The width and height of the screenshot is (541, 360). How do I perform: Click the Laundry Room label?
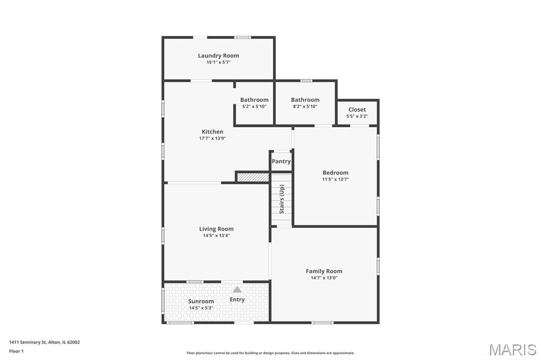(x=218, y=55)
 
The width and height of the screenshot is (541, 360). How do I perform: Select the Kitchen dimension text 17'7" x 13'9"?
(x=212, y=138)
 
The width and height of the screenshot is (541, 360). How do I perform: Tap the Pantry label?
(x=281, y=162)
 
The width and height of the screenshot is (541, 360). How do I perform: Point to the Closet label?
(x=357, y=110)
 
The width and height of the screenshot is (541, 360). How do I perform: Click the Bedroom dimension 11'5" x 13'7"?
(x=335, y=179)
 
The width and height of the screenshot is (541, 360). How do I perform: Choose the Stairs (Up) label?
(x=282, y=200)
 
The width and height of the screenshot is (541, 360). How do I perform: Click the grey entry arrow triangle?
(x=237, y=289)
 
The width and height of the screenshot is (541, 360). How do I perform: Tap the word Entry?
(x=237, y=300)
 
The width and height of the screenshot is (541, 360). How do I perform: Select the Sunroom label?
(x=201, y=301)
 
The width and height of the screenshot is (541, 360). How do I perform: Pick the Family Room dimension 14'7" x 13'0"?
(x=324, y=278)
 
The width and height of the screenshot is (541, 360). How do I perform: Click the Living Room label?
(x=216, y=229)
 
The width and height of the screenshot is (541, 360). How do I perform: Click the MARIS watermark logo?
(x=512, y=349)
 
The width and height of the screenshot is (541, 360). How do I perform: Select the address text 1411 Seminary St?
(x=27, y=343)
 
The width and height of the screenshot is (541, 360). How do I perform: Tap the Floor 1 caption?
(x=16, y=352)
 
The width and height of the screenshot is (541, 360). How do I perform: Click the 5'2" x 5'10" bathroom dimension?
(x=254, y=107)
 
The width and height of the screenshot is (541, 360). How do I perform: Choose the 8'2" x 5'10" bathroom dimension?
(x=305, y=107)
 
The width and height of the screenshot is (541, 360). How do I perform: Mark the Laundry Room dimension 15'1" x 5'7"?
(x=218, y=62)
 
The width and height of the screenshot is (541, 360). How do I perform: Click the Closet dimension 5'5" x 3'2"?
(x=357, y=116)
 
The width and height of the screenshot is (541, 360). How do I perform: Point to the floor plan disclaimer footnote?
(x=270, y=353)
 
